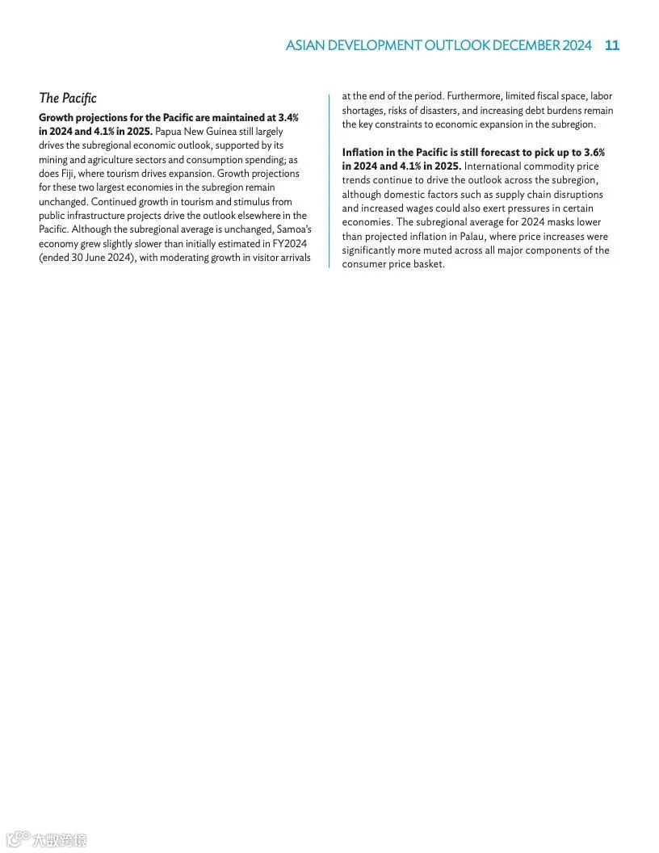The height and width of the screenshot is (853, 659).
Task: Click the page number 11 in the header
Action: pos(612,45)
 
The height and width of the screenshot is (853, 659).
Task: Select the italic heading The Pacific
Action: pos(68,98)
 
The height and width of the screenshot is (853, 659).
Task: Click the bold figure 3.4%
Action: pos(288,117)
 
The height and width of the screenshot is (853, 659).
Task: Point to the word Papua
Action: pos(169,131)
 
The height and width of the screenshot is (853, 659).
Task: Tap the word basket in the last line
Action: pos(428,264)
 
